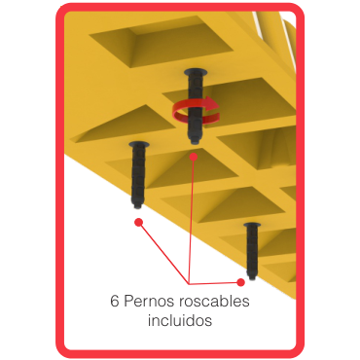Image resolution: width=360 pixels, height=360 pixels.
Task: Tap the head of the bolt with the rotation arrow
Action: pyautogui.click(x=196, y=71)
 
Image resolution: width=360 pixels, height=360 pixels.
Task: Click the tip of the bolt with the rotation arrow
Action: pyautogui.click(x=195, y=142)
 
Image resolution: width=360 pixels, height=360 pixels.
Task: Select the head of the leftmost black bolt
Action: pyautogui.click(x=139, y=144)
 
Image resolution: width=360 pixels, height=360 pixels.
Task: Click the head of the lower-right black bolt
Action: pyautogui.click(x=252, y=225)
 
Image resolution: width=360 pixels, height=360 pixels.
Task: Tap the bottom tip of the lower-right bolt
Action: pyautogui.click(x=252, y=277)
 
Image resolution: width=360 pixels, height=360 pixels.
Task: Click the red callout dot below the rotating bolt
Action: pyautogui.click(x=194, y=157)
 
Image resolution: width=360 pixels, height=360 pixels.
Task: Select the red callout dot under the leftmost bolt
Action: pyautogui.click(x=139, y=222)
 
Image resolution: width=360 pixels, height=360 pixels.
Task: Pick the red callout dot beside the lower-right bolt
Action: pyautogui.click(x=240, y=282)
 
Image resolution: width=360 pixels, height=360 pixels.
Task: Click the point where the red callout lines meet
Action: pyautogui.click(x=189, y=283)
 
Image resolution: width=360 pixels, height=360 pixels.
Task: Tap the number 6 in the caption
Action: pyautogui.click(x=115, y=302)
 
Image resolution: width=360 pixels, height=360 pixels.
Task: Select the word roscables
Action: pyautogui.click(x=214, y=301)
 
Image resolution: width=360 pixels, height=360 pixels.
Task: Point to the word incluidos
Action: pyautogui.click(x=180, y=320)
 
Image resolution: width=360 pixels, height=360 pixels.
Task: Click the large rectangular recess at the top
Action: pyautogui.click(x=162, y=41)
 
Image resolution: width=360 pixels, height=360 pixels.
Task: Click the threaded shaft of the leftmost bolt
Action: pyautogui.click(x=139, y=173)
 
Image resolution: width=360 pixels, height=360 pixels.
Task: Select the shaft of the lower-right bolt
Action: pyautogui.click(x=252, y=250)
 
